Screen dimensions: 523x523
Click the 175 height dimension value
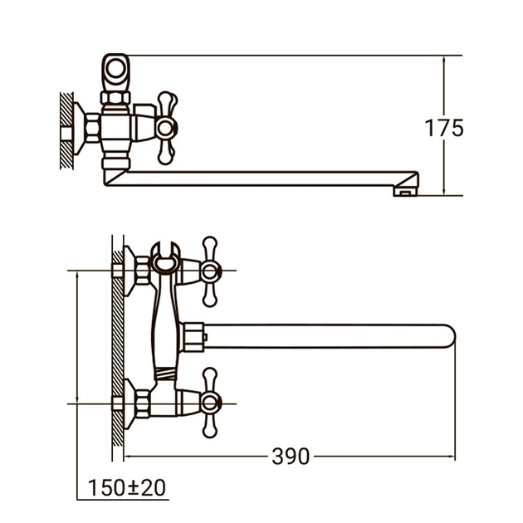pos(444,129)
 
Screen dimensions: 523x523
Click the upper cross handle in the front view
pos(211,271)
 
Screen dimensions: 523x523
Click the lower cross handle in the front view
pos(211,404)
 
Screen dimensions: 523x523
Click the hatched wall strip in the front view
pos(118,349)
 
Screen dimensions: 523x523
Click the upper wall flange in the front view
pos(130,271)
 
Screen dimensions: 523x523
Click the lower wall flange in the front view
pos(130,404)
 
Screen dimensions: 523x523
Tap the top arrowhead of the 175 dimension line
pos(446,61)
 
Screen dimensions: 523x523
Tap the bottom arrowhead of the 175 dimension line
pos(446,191)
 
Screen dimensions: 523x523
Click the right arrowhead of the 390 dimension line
pos(451,456)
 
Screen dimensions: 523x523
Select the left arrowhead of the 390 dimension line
pos(131,456)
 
